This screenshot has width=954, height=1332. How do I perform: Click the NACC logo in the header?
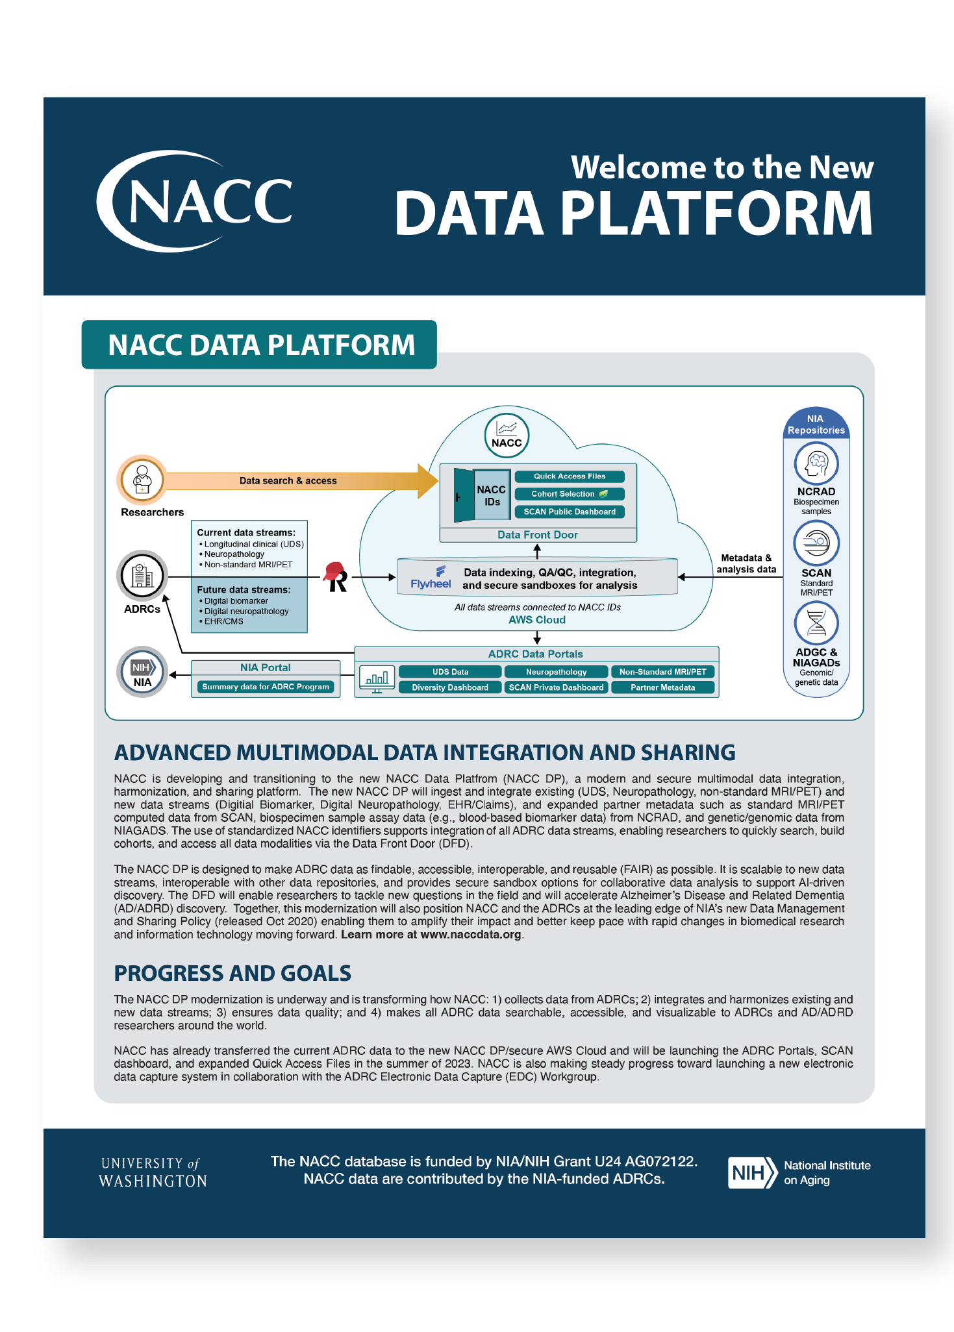click(x=195, y=201)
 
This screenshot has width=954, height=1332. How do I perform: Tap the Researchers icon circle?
click(x=142, y=480)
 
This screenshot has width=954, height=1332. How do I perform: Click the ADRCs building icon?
click(x=142, y=576)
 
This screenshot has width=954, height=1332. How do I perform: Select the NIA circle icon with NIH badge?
click(x=142, y=672)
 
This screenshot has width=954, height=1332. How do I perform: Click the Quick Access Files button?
click(x=570, y=476)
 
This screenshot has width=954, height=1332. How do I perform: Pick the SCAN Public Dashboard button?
click(x=570, y=512)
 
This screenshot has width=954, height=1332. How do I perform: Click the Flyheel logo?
click(x=431, y=577)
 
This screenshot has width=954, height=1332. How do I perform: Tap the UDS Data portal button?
click(x=450, y=672)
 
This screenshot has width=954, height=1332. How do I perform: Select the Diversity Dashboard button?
click(x=450, y=687)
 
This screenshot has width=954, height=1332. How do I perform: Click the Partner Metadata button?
click(x=662, y=687)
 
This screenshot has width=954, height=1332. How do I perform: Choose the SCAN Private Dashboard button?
click(x=557, y=687)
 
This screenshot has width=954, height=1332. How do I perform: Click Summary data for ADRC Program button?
click(x=266, y=687)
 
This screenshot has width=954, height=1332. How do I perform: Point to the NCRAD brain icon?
click(x=816, y=463)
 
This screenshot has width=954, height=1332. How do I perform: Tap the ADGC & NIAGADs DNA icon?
click(x=816, y=624)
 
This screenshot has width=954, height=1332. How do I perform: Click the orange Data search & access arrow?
click(x=292, y=481)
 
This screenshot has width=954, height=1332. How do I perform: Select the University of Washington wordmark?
click(x=153, y=1172)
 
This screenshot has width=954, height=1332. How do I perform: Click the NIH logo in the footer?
click(x=752, y=1172)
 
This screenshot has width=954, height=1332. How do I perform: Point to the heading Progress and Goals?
click(x=232, y=974)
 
